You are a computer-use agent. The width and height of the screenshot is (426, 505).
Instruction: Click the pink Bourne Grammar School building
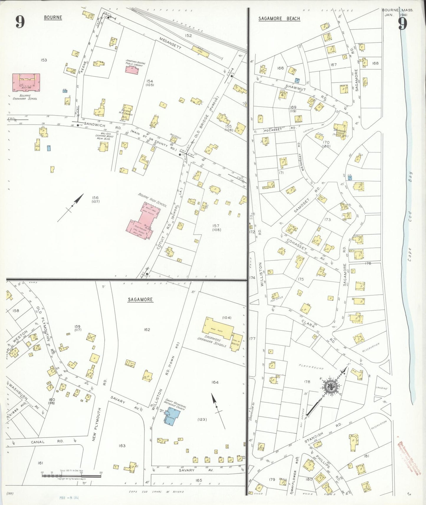(x=26, y=82)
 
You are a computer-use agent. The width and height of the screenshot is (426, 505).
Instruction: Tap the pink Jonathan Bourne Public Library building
(x=132, y=70)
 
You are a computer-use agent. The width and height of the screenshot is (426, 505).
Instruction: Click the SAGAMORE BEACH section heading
(x=279, y=19)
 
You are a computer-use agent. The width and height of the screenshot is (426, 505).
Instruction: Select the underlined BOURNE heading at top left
(x=53, y=17)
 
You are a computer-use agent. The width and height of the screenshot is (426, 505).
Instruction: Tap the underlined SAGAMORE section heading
(x=140, y=300)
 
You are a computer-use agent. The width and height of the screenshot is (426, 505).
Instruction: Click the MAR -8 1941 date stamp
(x=68, y=498)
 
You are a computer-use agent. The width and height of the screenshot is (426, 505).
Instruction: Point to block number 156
(x=95, y=198)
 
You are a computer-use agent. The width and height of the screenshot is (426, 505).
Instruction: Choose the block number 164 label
(x=215, y=382)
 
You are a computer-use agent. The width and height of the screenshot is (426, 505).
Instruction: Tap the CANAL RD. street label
(x=47, y=442)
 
